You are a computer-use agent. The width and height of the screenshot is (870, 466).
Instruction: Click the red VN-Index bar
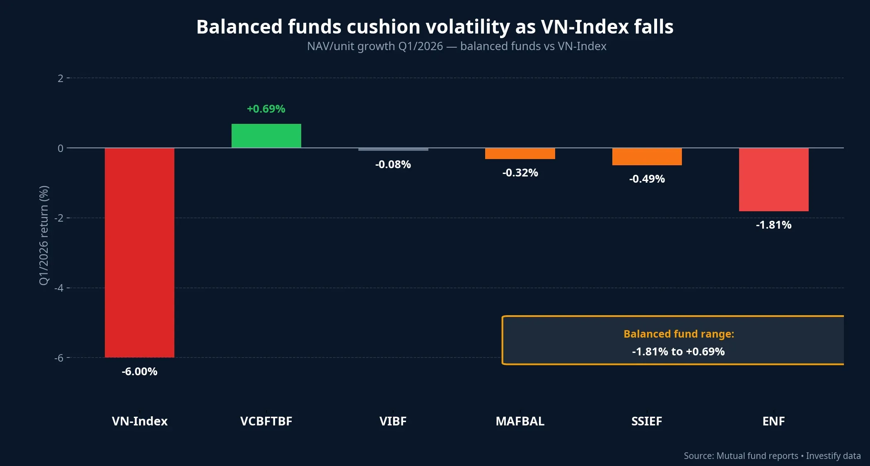click(140, 253)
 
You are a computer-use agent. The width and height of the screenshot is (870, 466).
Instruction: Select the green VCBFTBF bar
click(266, 136)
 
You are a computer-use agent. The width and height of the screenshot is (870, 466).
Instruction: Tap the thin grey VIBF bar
click(393, 150)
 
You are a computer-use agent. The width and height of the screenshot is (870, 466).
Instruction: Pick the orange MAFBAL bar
click(520, 154)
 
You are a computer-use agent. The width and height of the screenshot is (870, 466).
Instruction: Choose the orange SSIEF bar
click(647, 157)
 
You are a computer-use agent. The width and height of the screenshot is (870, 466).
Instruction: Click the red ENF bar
click(773, 180)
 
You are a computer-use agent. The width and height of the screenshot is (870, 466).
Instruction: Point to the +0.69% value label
click(266, 109)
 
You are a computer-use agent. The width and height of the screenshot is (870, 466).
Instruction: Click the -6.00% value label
click(140, 372)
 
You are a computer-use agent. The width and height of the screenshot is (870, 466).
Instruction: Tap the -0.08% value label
click(393, 164)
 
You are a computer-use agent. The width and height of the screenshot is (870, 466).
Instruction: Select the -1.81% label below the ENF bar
click(773, 225)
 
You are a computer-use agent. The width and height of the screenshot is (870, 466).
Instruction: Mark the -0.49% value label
click(647, 179)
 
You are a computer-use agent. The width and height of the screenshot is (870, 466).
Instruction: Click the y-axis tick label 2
click(60, 78)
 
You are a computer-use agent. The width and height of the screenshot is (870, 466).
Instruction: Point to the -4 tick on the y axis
click(59, 288)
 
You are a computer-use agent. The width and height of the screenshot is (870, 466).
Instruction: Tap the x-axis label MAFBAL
click(520, 421)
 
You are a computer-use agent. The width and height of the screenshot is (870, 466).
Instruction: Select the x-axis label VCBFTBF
click(266, 421)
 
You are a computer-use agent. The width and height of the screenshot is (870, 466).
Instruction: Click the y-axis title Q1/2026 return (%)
click(44, 235)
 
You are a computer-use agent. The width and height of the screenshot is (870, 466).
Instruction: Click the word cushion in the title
click(383, 27)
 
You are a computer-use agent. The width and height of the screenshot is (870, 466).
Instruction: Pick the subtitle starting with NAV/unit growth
click(457, 46)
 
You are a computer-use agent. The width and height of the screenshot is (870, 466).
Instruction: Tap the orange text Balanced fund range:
click(679, 334)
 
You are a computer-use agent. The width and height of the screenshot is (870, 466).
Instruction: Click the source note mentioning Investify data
click(772, 456)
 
